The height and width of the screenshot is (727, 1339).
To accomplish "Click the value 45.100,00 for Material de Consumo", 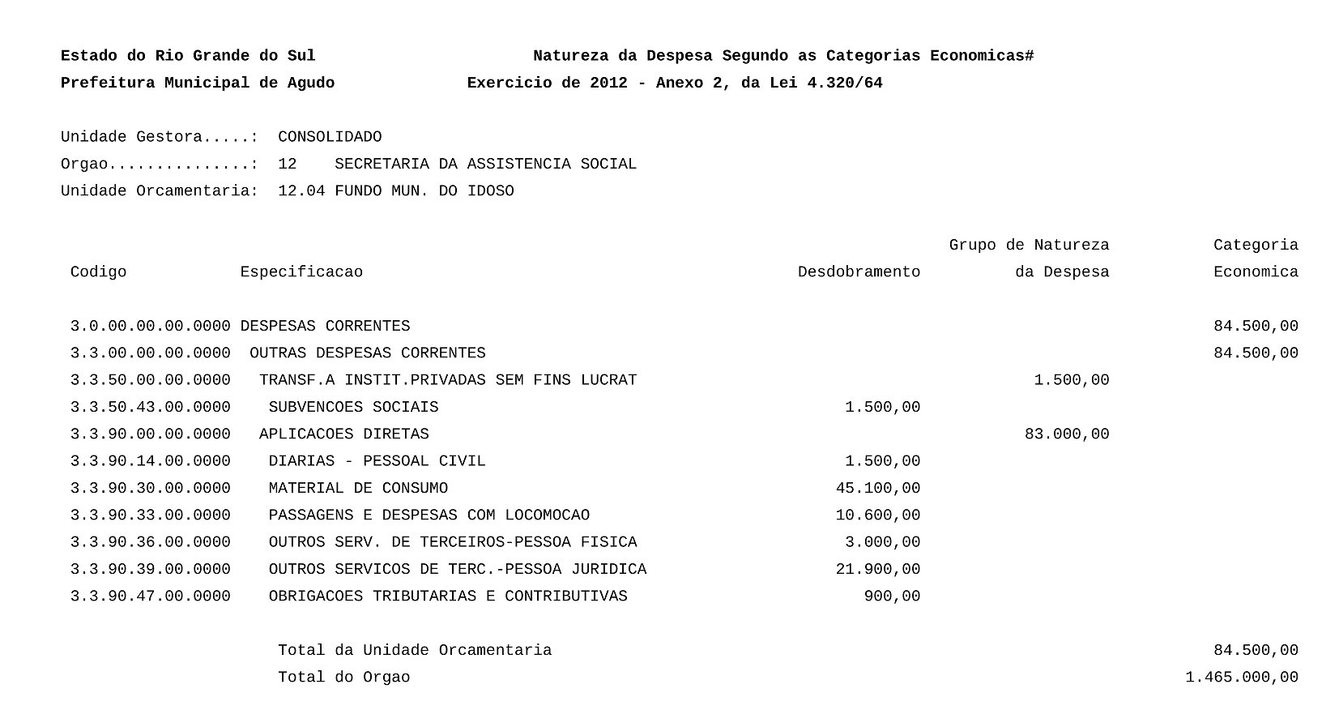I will [x=877, y=488].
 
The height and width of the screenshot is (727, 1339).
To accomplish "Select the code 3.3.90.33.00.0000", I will [x=150, y=515].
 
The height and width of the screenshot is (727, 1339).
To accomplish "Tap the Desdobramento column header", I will [x=859, y=272].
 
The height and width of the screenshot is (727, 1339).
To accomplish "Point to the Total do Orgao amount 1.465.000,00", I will [x=1241, y=678].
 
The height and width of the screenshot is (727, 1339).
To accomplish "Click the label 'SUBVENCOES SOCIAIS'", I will [x=353, y=407].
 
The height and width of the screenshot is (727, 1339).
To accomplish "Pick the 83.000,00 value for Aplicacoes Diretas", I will [x=1066, y=434].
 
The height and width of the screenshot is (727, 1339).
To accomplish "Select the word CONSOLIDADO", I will [x=330, y=137].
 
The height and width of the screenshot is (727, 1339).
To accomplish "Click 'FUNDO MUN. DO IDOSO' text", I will [x=424, y=191].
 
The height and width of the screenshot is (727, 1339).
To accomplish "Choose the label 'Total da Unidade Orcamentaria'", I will [x=415, y=650].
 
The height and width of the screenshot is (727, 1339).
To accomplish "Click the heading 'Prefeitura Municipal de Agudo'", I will [x=198, y=83].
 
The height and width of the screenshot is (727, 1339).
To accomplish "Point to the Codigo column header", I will [x=98, y=272].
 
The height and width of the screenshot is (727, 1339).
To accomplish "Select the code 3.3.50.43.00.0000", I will [x=150, y=407].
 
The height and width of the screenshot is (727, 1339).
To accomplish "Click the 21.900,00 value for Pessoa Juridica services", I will [x=877, y=569].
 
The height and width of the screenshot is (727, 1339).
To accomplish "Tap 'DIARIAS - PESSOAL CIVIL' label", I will [x=377, y=461].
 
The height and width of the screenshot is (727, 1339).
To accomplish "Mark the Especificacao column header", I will [x=301, y=272].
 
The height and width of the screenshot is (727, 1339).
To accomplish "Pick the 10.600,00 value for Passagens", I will [x=877, y=515].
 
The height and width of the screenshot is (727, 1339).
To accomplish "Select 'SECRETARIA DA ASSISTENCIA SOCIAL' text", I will [x=485, y=164].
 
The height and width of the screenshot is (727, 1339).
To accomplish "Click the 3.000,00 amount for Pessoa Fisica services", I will [x=882, y=542].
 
